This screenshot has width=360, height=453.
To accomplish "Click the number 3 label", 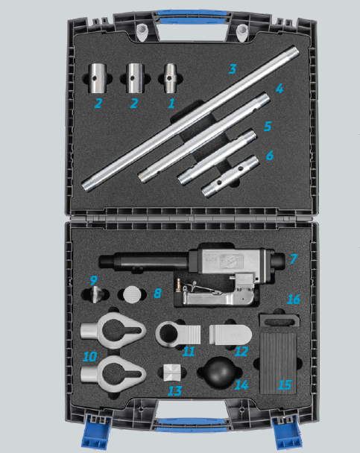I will [233, 69].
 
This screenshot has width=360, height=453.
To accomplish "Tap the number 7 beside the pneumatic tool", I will [294, 259].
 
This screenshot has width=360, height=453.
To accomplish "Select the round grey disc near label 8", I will [132, 292].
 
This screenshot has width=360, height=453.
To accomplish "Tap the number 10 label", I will [89, 357].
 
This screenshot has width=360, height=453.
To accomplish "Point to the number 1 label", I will [171, 103].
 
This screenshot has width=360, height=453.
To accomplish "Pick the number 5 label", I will [268, 126].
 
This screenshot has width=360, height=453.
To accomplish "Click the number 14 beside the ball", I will [241, 386].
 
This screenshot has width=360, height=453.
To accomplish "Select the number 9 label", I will [93, 281].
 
